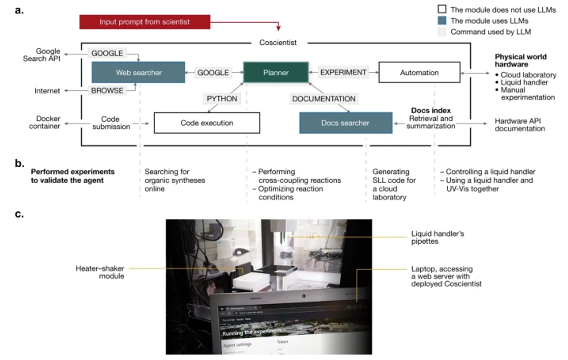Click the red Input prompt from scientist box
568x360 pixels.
[145, 22]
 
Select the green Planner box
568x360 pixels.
[276, 72]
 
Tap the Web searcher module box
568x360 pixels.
[138, 72]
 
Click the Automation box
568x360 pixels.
[419, 72]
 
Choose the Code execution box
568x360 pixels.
[207, 123]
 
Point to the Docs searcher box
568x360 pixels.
[345, 123]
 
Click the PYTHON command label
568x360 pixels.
[222, 98]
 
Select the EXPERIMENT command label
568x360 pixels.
[343, 72]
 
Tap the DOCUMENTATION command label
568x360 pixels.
[324, 99]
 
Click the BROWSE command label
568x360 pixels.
[107, 91]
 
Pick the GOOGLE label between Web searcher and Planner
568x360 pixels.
[213, 73]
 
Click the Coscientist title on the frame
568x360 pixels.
[278, 43]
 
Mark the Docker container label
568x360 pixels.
[45, 122]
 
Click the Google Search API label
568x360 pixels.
[42, 54]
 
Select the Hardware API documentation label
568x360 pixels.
[520, 125]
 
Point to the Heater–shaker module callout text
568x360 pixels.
[100, 272]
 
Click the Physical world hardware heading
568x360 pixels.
[521, 61]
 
